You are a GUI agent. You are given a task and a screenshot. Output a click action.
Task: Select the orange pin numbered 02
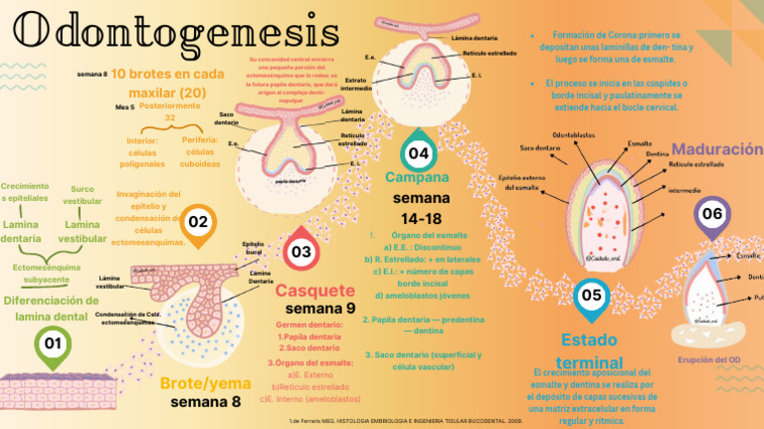[x=198, y=223]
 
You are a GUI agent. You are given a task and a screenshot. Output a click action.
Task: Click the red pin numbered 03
[x=301, y=253]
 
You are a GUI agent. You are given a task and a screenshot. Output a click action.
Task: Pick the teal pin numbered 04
[x=419, y=154]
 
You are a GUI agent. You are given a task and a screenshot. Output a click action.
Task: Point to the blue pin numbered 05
[x=591, y=295]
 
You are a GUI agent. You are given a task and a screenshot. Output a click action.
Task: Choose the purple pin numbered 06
[x=712, y=214]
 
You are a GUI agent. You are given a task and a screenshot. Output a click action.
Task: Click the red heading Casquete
[x=314, y=291]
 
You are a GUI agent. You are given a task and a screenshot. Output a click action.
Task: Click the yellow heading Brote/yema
[x=205, y=383]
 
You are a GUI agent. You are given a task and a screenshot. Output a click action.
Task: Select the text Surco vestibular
[x=83, y=194]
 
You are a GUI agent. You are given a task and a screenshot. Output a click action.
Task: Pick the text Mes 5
[x=124, y=106]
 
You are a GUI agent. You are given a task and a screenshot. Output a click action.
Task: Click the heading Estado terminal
[x=591, y=350]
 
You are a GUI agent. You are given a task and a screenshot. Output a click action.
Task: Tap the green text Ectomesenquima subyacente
[x=48, y=273]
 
